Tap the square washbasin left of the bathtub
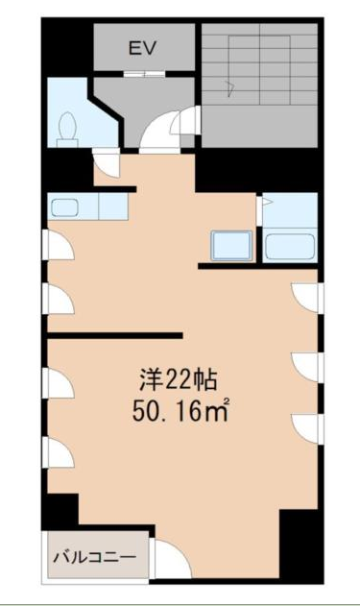pos(231,246)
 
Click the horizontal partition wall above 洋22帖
pos(115,335)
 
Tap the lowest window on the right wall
pos(306,426)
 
